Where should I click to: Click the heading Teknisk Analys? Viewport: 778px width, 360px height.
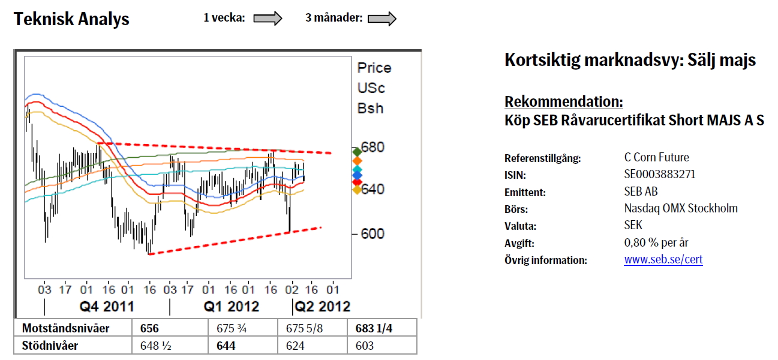(71, 19)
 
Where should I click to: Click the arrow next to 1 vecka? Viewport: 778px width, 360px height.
(268, 19)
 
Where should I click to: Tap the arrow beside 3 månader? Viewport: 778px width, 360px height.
(382, 19)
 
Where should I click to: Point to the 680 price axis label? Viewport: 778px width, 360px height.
(372, 148)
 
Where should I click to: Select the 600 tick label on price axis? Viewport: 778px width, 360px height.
(372, 233)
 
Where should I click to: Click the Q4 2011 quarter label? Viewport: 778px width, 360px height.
(107, 307)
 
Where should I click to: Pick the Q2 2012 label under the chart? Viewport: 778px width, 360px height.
(323, 307)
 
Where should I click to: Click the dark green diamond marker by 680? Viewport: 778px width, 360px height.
(357, 151)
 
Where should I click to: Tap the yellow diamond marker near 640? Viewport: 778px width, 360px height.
(357, 190)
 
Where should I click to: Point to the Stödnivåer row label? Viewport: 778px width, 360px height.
(50, 346)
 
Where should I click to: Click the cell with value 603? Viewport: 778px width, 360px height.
(364, 346)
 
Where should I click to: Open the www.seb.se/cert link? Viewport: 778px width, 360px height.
(663, 260)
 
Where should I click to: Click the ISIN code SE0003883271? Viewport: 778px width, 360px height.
(660, 175)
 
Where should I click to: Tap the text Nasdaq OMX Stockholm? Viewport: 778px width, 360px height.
(680, 209)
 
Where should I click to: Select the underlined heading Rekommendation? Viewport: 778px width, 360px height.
(563, 101)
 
